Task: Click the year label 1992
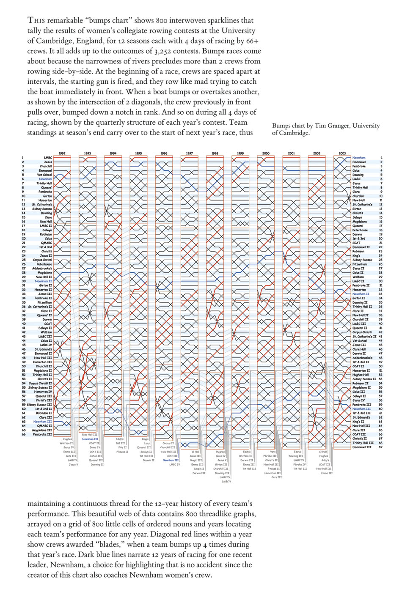[62, 153]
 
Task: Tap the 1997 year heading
[189, 153]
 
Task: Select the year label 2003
[342, 153]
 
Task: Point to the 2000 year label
[266, 153]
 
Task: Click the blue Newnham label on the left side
[45, 179]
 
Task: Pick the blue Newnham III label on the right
[361, 409]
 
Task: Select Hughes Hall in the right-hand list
[360, 375]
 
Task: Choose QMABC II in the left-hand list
[44, 426]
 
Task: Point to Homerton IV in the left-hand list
[43, 392]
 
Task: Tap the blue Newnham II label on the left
[44, 281]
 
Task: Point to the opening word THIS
[35, 20]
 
